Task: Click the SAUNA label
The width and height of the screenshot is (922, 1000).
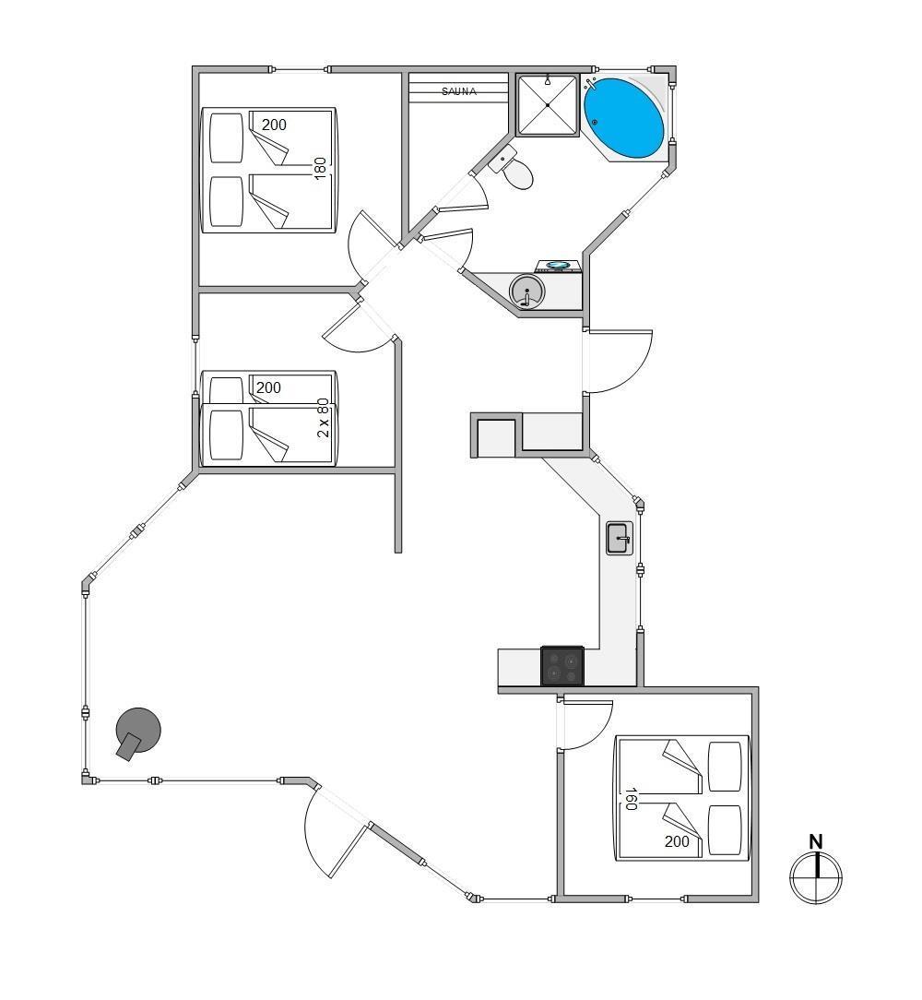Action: point(459,91)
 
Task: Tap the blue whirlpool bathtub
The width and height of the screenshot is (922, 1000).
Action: point(624,119)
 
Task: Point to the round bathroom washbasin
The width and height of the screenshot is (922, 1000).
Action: point(527,292)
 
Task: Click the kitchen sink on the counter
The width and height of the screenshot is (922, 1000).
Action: point(620,538)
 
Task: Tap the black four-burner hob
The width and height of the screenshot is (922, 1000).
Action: point(561,666)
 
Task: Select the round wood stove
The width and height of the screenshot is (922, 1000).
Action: point(137,732)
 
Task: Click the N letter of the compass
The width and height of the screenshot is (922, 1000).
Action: point(816,842)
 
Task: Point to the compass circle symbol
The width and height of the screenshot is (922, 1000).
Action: point(816,877)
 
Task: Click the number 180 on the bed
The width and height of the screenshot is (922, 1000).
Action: point(320,169)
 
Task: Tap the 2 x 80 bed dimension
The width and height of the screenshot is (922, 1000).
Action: point(324,418)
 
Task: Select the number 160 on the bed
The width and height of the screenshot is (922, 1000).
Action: point(631,799)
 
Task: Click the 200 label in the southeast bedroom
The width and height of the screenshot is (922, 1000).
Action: point(677,842)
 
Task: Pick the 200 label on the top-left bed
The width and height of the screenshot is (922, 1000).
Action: point(274,125)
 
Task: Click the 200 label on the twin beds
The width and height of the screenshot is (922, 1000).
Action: point(268,387)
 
